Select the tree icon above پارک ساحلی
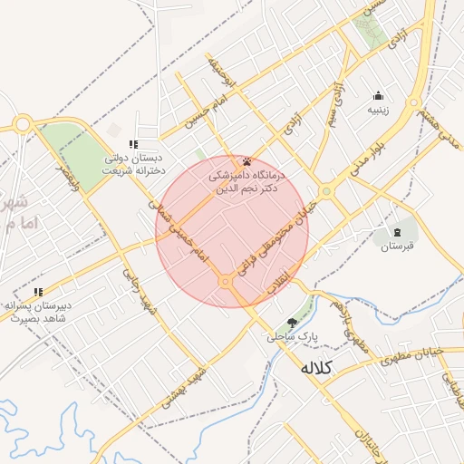(x=291, y=323)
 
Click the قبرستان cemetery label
(x=397, y=246)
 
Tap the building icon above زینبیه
(x=378, y=96)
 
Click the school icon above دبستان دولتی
(x=132, y=144)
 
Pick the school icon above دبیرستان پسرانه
(x=38, y=292)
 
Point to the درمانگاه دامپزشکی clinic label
(x=247, y=181)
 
